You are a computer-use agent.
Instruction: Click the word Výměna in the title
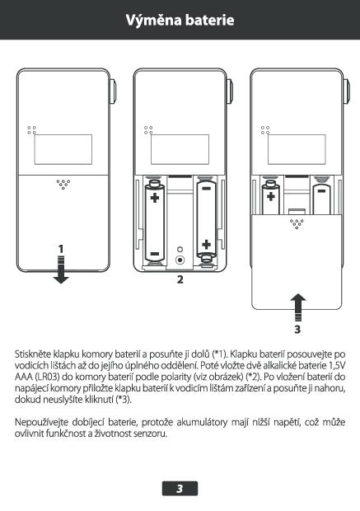[x=153, y=21]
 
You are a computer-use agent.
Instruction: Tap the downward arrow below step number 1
[x=61, y=270]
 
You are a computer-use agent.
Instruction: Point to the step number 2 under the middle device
[x=180, y=279]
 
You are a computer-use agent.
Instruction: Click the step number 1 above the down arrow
[x=61, y=249]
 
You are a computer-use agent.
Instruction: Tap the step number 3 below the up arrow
[x=297, y=330]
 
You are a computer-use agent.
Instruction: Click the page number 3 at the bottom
[x=180, y=489]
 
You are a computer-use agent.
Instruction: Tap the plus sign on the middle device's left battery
[x=155, y=198]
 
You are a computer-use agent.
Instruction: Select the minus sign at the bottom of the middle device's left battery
[x=154, y=254]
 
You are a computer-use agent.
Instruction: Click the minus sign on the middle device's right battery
[x=206, y=189]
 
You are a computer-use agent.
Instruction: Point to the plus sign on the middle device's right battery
[x=206, y=244]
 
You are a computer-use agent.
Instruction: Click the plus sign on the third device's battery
[x=271, y=196]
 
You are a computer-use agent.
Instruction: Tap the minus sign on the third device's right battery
[x=321, y=191]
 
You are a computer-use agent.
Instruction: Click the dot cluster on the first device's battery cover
[x=63, y=184]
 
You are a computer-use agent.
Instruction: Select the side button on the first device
[x=114, y=92]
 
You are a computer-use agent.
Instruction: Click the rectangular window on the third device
[x=297, y=149]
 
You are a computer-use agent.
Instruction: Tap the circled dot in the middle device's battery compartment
[x=180, y=260]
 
